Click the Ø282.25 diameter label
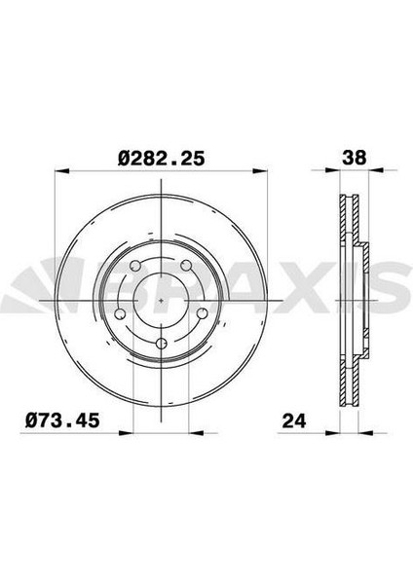(162, 159)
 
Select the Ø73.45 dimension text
(62, 420)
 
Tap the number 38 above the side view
(355, 158)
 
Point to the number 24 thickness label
(294, 420)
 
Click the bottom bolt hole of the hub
(161, 344)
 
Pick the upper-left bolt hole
(135, 266)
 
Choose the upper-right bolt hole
(186, 266)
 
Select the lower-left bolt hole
(120, 314)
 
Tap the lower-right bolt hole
(202, 314)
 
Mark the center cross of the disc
(161, 300)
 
